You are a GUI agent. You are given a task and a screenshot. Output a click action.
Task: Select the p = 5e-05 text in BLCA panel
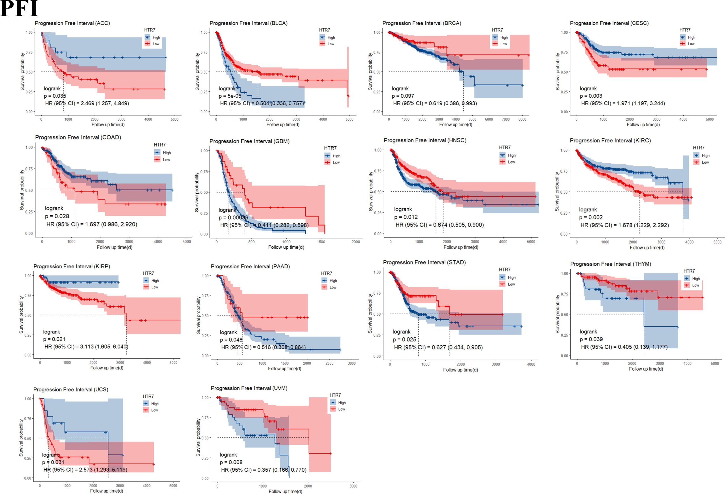pos(230,96)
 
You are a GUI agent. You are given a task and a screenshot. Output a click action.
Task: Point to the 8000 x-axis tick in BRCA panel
pos(522,119)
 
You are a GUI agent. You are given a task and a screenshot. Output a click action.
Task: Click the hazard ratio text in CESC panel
pos(623,103)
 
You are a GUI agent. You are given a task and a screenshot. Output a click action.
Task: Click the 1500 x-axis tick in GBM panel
pos(321,242)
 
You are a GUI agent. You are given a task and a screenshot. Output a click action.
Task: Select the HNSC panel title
pos(425,140)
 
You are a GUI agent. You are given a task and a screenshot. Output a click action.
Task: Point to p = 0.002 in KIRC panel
pos(590,217)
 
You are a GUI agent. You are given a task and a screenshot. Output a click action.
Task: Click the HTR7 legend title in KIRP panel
pos(148,273)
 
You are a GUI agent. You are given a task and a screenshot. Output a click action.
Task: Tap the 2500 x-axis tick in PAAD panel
pos(329,363)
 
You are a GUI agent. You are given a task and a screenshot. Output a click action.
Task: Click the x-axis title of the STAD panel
pos(460,370)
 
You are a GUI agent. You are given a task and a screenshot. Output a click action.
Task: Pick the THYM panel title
pos(611,264)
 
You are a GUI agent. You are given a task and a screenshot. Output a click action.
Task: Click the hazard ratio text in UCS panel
pos(85,470)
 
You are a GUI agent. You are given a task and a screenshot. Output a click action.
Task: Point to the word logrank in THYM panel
pos(588,332)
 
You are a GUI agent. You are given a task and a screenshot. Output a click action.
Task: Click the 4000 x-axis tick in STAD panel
pos(531,364)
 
